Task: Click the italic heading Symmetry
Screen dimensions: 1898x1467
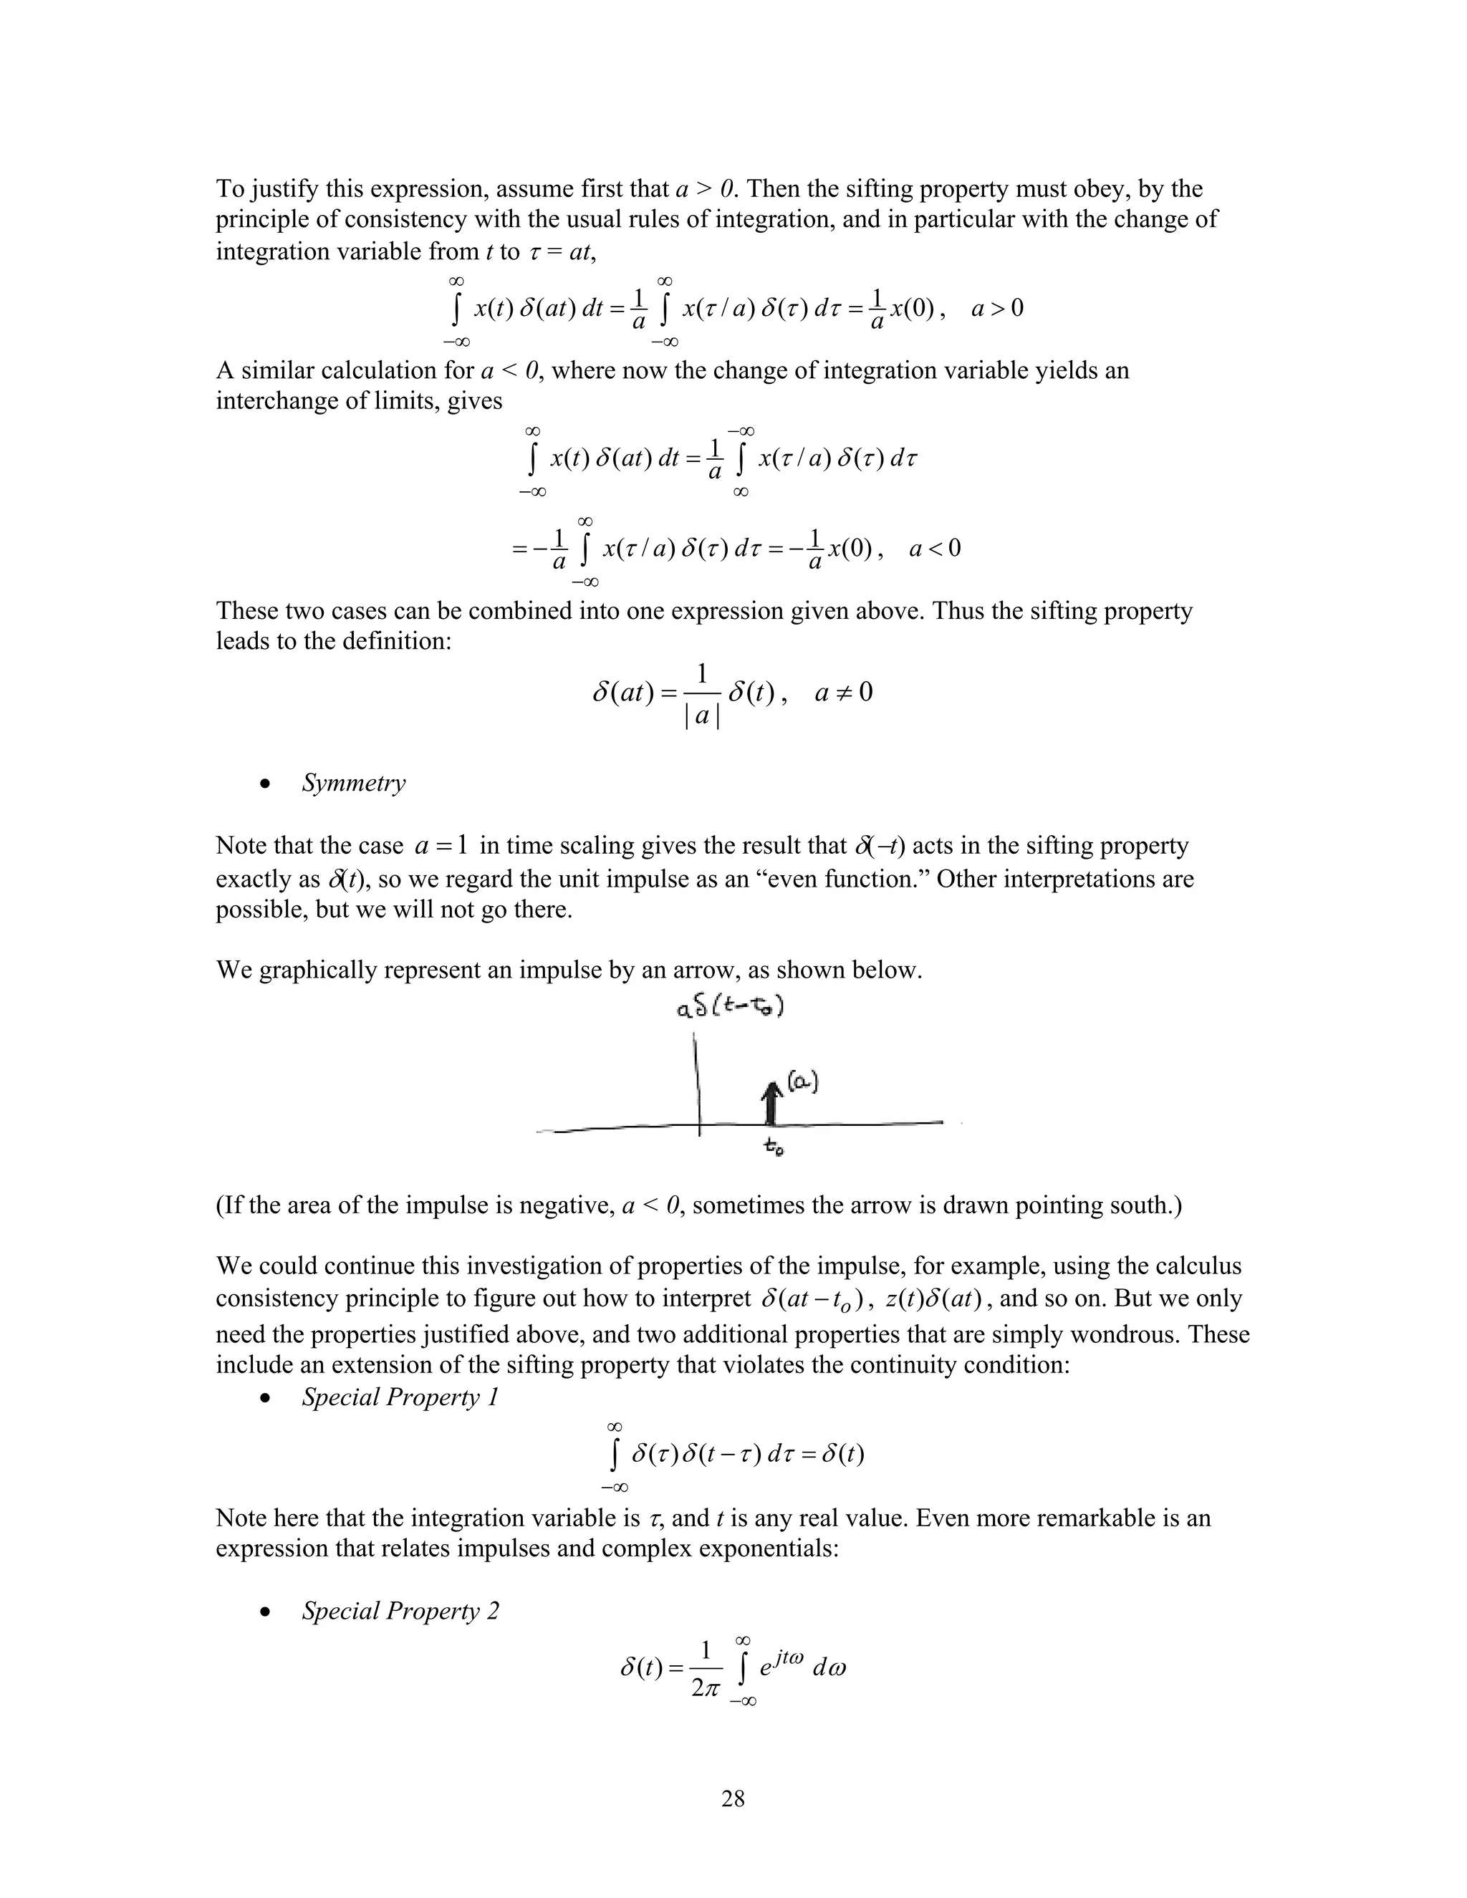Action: click(x=353, y=783)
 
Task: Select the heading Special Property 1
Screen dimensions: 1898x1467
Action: click(x=400, y=1397)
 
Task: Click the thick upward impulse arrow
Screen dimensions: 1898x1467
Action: click(x=770, y=1104)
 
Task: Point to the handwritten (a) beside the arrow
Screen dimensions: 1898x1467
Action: click(x=803, y=1083)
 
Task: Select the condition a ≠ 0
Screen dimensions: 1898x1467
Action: click(x=843, y=693)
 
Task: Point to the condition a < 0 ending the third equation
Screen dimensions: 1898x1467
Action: click(x=934, y=549)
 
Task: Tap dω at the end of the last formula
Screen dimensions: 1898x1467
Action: click(x=828, y=1667)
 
